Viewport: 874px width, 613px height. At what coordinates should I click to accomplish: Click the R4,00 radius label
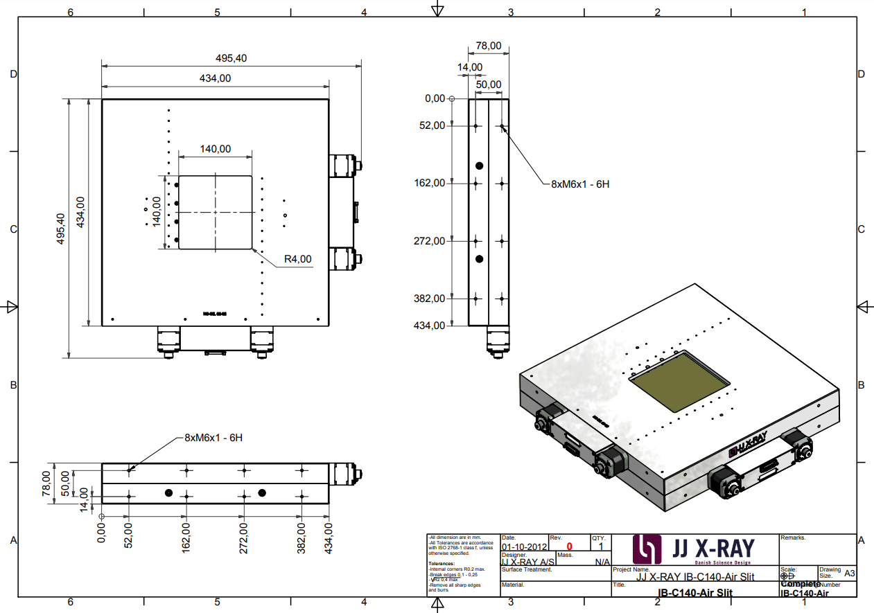tap(298, 260)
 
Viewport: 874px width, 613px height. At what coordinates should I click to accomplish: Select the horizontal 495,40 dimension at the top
tap(231, 58)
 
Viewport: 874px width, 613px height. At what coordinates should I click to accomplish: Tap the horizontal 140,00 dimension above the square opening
tap(215, 149)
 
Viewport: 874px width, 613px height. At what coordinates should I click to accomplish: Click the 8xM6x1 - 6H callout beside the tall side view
tap(580, 184)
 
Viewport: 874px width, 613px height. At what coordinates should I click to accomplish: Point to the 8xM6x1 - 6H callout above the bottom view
tap(213, 438)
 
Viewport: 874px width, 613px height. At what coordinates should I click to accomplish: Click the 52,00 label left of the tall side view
tap(432, 125)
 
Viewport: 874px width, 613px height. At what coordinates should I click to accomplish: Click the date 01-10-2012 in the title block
tap(524, 547)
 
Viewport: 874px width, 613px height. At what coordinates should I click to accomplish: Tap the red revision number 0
tap(569, 547)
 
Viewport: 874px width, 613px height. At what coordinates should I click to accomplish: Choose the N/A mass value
tap(602, 562)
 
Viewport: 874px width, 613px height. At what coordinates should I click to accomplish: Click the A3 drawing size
tap(850, 574)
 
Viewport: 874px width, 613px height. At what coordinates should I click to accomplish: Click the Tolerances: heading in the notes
tap(442, 564)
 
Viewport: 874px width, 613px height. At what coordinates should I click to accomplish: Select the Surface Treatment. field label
tap(527, 569)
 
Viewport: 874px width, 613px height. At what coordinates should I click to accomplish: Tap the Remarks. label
tap(794, 538)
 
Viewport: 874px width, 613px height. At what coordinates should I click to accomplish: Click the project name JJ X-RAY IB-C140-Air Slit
tap(694, 577)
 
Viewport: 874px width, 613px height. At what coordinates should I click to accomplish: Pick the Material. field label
tap(514, 585)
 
